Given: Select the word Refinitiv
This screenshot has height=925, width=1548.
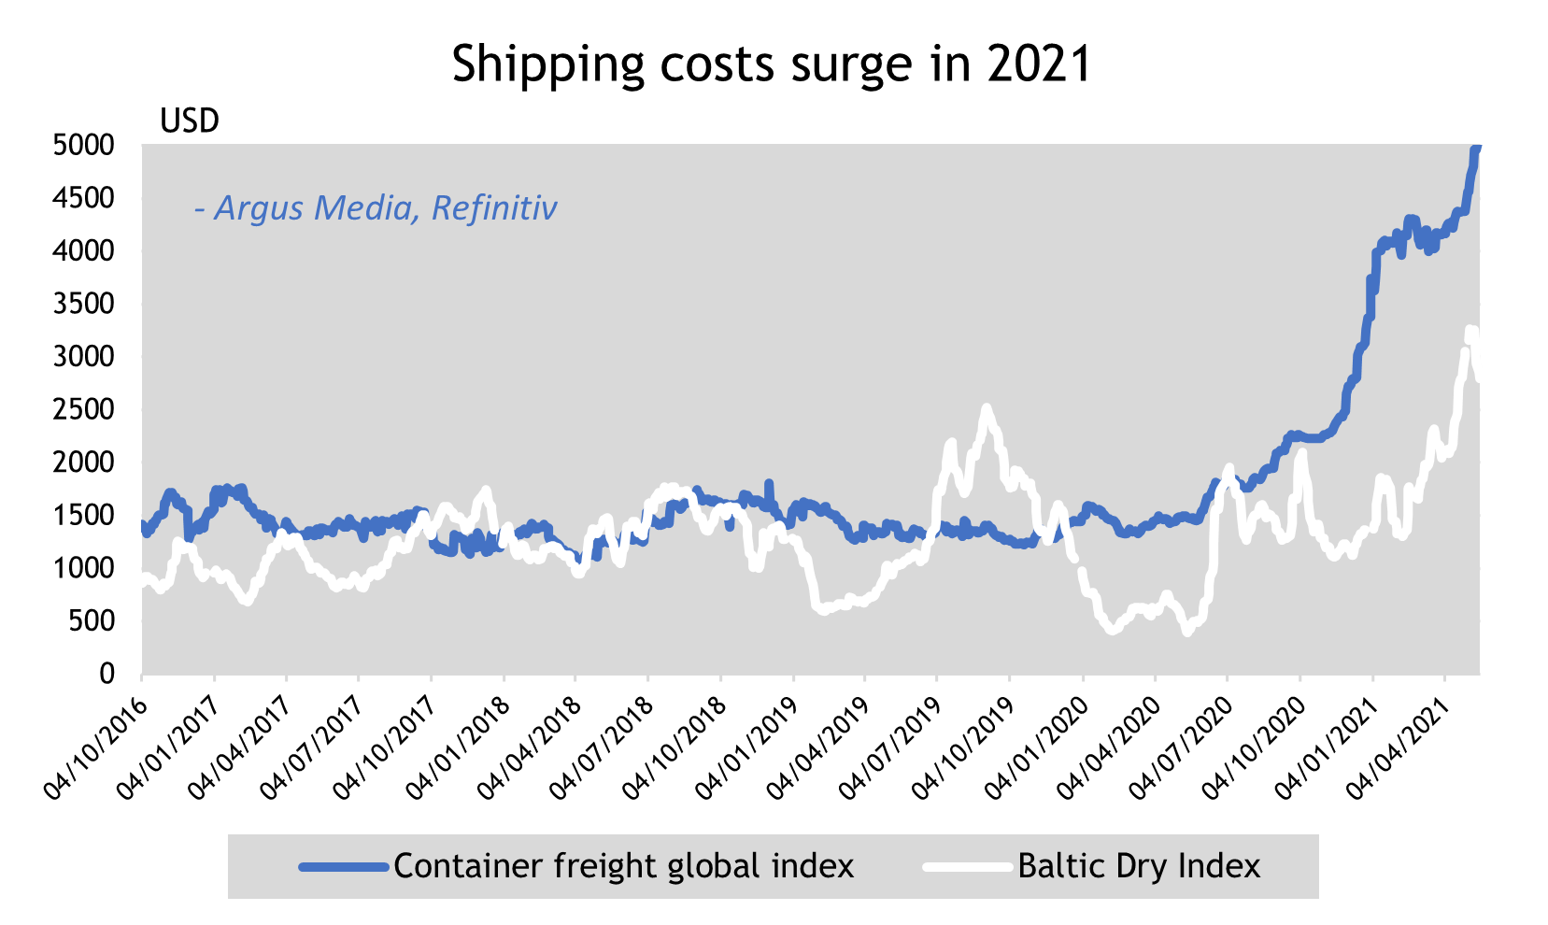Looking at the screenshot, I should click(494, 207).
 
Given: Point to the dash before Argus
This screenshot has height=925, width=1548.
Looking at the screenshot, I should click(199, 209).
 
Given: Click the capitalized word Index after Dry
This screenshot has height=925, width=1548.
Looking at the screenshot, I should click(1219, 866).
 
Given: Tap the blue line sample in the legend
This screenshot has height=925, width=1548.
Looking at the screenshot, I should click(344, 867).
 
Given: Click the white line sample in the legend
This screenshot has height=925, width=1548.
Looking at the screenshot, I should click(968, 867).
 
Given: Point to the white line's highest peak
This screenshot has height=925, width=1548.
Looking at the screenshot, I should click(1471, 330).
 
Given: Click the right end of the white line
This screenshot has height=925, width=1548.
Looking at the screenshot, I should click(1479, 377).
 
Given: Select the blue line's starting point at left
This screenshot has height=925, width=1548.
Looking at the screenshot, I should click(143, 525).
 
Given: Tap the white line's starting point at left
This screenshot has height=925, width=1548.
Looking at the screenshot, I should click(143, 581).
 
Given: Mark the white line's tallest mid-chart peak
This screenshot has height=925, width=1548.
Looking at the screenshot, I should click(986, 408).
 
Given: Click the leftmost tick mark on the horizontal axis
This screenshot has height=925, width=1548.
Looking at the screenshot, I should click(142, 677).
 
